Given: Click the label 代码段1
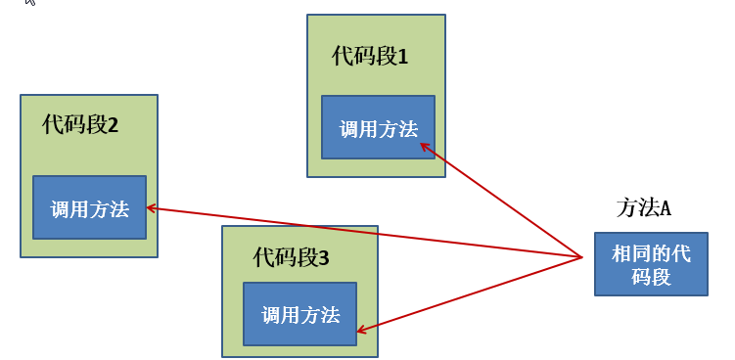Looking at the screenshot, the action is pyautogui.click(x=370, y=56).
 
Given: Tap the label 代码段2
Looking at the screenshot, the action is pyautogui.click(x=80, y=124).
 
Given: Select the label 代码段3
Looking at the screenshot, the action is pyautogui.click(x=291, y=258).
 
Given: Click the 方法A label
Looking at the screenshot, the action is pyautogui.click(x=643, y=207).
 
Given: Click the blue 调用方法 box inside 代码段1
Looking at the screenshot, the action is pyautogui.click(x=378, y=127).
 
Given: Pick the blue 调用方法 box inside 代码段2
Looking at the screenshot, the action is pyautogui.click(x=89, y=207).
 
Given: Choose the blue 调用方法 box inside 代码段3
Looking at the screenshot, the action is pyautogui.click(x=299, y=314).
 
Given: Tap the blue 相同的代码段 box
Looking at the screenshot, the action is pyautogui.click(x=651, y=264).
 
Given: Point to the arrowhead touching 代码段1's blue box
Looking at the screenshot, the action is pyautogui.click(x=423, y=145).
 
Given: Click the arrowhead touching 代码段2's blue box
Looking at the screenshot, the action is pyautogui.click(x=149, y=207).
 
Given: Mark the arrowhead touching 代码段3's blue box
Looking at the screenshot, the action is pyautogui.click(x=360, y=330).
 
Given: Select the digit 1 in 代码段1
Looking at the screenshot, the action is pyautogui.click(x=402, y=56).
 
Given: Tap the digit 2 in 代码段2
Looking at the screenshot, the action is pyautogui.click(x=113, y=124).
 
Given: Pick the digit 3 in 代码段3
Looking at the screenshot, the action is pyautogui.click(x=324, y=258).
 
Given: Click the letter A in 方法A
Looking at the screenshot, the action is pyautogui.click(x=665, y=207).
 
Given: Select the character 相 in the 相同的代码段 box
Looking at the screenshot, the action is pyautogui.click(x=620, y=254).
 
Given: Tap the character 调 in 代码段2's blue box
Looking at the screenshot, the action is pyautogui.click(x=59, y=207).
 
